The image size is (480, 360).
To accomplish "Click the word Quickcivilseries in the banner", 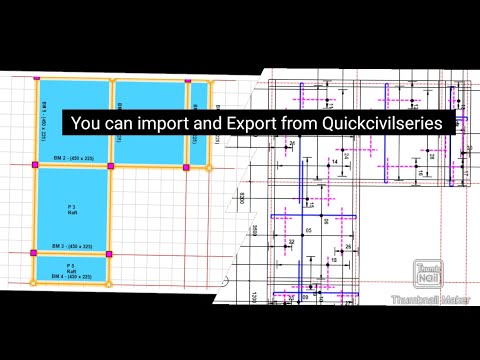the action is pyautogui.click(x=388, y=123).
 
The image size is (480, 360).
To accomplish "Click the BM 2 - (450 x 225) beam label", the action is pyautogui.click(x=72, y=159).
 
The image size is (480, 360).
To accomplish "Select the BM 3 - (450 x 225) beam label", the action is pyautogui.click(x=72, y=245).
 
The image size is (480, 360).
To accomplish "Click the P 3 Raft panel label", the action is pyautogui.click(x=72, y=206).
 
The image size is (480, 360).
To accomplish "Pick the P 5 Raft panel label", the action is pyautogui.click(x=72, y=266).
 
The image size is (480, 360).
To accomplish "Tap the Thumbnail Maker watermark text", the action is pyautogui.click(x=430, y=299).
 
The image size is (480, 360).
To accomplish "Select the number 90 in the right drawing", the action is pyautogui.click(x=323, y=218).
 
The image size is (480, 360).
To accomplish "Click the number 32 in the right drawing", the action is pyautogui.click(x=291, y=241).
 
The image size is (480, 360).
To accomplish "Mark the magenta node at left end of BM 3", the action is pyautogui.click(x=36, y=250).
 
